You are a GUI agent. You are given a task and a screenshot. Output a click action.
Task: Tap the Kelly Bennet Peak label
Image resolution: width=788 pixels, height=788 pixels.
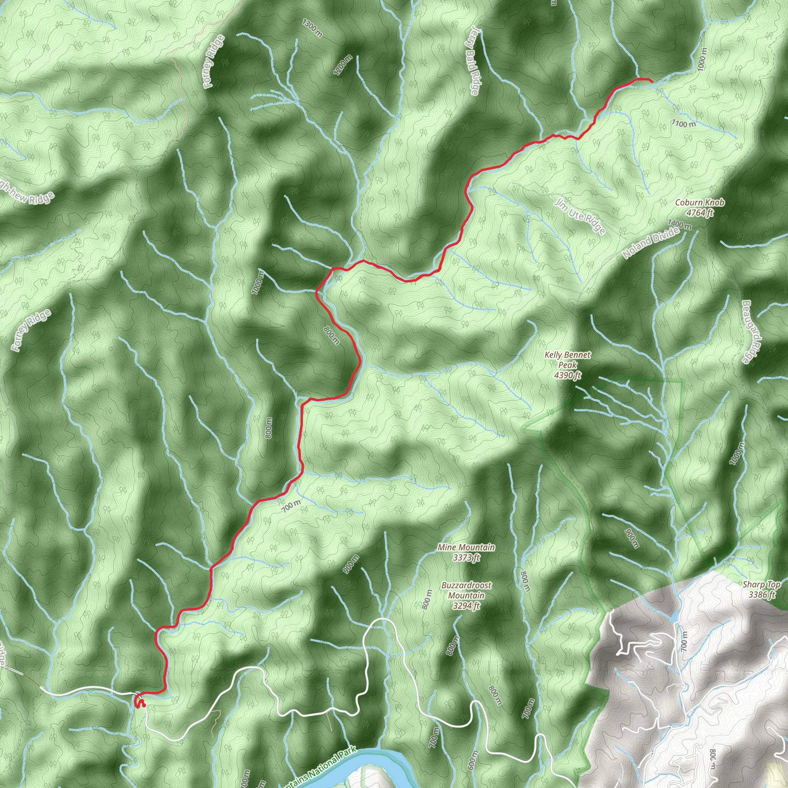pos(568,365)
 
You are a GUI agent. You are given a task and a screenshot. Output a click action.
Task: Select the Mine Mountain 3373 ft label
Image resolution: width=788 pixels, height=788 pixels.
pos(466,552)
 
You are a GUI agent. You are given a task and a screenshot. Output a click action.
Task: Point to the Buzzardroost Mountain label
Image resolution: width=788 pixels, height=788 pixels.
pos(466,596)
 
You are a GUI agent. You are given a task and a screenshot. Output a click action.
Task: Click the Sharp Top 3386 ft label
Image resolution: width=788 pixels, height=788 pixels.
pos(761,589)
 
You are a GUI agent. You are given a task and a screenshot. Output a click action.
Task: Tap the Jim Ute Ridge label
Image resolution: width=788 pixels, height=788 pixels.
pos(580,216)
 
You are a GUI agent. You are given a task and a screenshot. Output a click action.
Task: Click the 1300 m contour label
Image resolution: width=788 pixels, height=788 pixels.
pos(312,28)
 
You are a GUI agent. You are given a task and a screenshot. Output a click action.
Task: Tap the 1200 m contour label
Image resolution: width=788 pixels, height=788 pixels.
pos(342,65)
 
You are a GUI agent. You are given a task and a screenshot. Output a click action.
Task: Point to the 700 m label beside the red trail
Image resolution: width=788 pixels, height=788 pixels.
pos(292,506)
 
